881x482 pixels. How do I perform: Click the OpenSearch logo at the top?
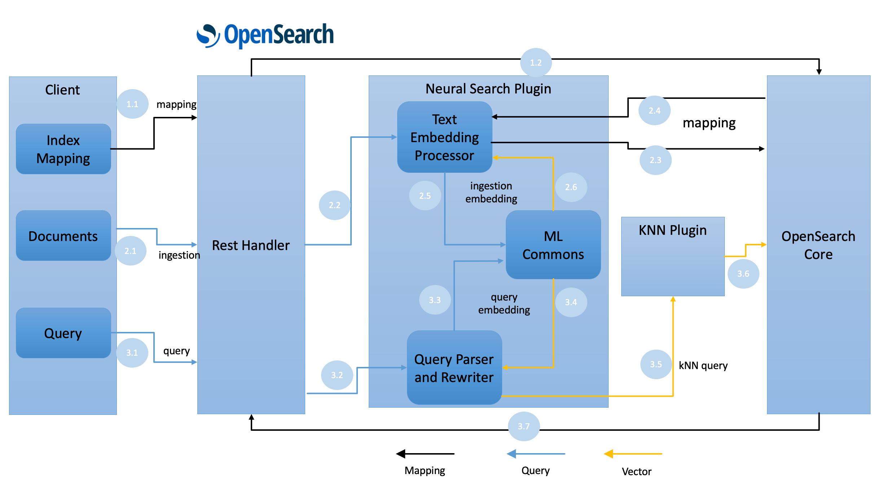coord(265,35)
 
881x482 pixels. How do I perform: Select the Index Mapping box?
coord(63,149)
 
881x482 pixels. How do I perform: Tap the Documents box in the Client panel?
coord(63,236)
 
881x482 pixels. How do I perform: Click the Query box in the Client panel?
coord(63,333)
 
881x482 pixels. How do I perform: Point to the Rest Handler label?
coord(251,245)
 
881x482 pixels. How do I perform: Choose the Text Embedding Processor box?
coord(444,137)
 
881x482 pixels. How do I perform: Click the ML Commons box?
coord(553,245)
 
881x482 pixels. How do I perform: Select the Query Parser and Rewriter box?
coord(454,368)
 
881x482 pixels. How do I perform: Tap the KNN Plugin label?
coord(672,230)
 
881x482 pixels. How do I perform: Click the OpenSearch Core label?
coord(818,245)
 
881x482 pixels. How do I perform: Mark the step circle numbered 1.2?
coord(536,62)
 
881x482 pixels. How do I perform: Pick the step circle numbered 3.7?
coord(523,426)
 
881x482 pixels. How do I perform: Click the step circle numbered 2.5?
coord(425,196)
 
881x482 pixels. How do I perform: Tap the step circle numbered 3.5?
coord(656,364)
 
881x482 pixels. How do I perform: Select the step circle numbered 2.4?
coord(654,110)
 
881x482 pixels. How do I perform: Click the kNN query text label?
coord(703,365)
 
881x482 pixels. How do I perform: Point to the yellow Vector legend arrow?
coord(633,453)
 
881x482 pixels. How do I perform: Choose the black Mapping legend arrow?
coord(425,453)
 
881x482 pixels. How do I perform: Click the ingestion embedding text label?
coord(491,192)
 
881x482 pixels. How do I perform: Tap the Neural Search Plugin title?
coord(488,89)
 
